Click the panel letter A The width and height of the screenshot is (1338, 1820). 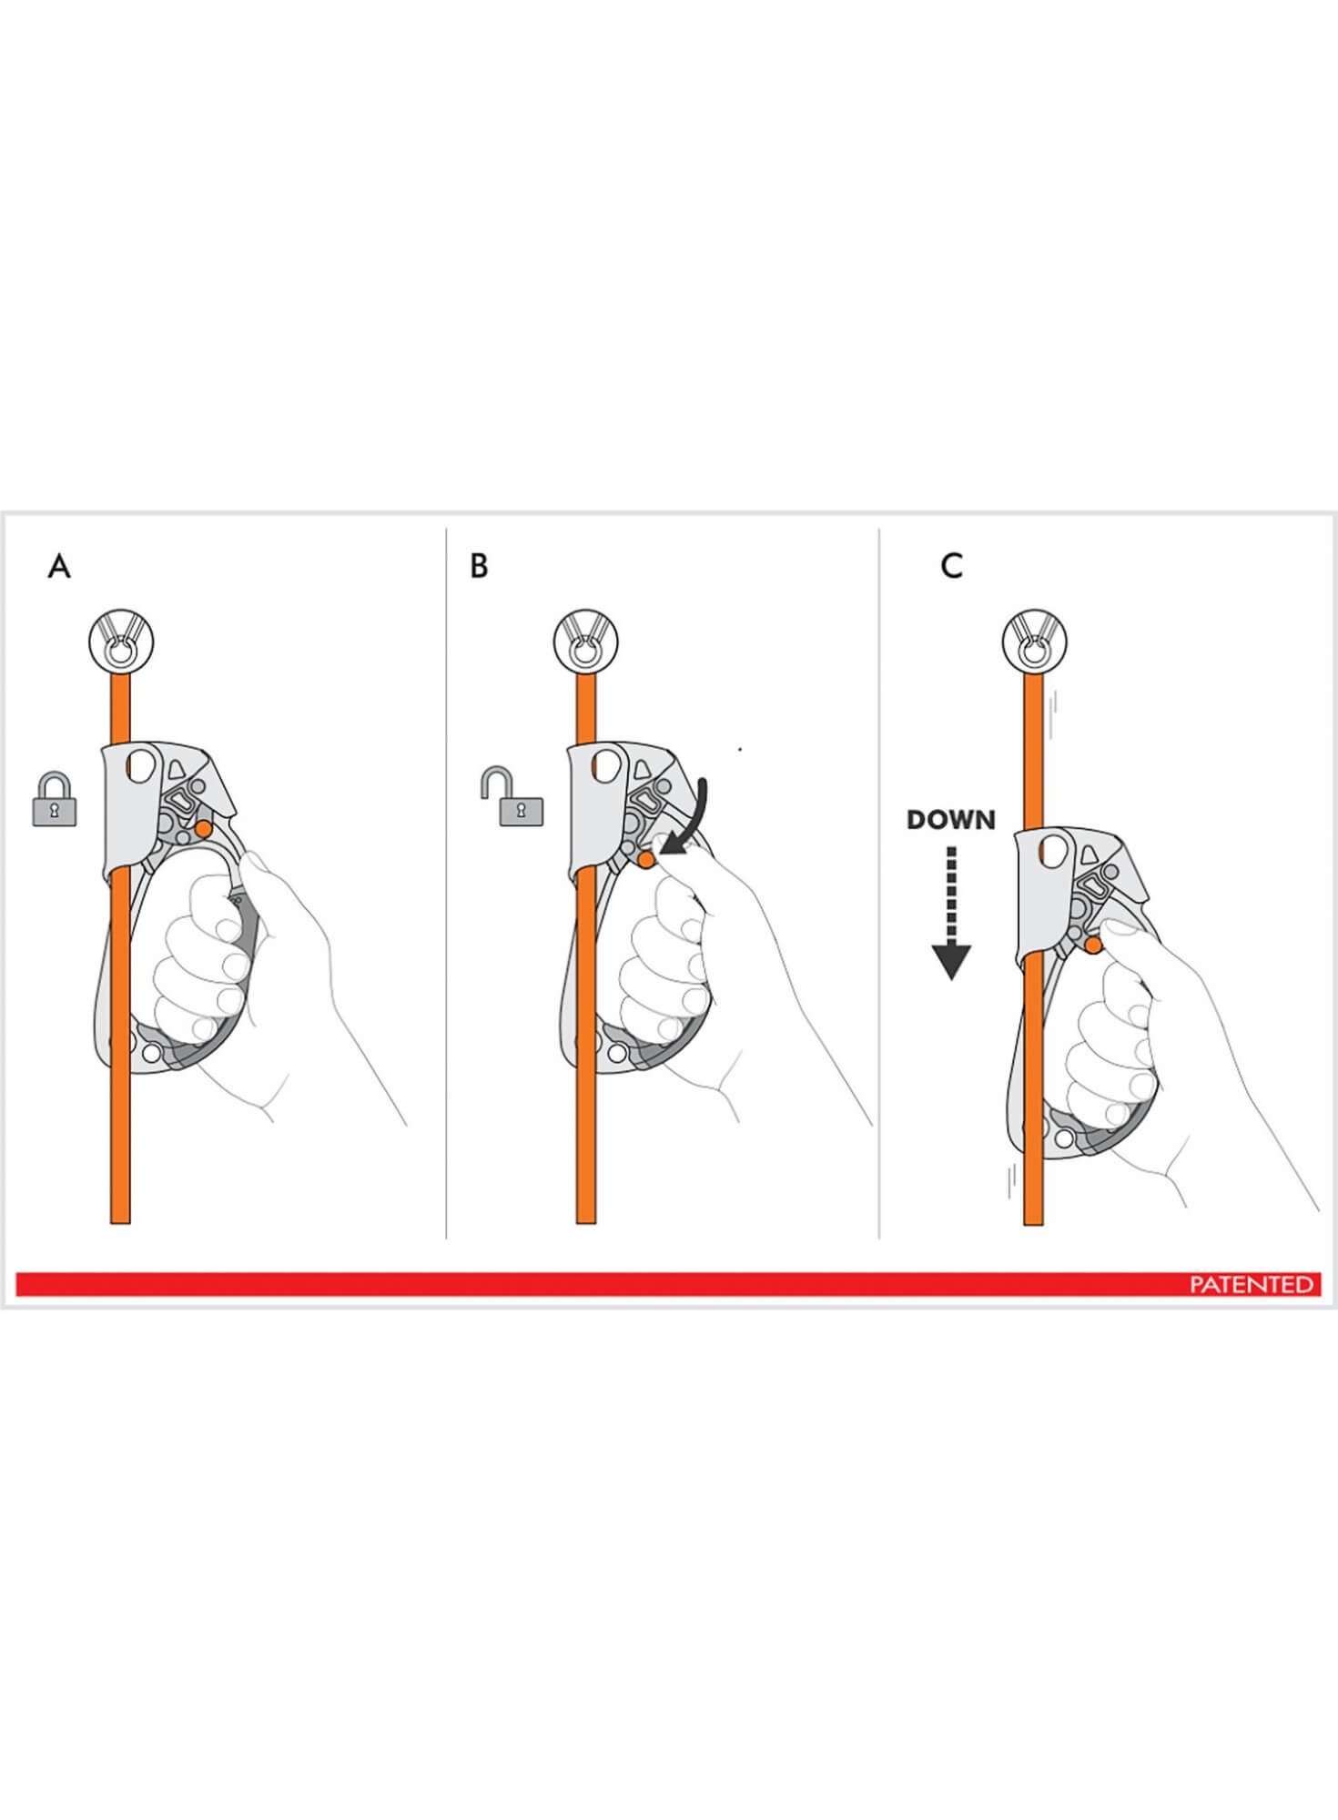[59, 566]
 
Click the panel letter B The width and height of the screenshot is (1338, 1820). [479, 566]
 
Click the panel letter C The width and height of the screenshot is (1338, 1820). [951, 566]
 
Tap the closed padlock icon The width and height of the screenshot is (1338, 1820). [55, 800]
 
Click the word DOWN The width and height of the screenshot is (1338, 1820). [951, 820]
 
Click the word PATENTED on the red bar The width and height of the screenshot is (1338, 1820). [1252, 1284]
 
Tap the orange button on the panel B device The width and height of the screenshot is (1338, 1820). [646, 859]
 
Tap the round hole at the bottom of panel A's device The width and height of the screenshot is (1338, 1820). [151, 1053]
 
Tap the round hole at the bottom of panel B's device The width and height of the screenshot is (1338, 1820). [616, 1053]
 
